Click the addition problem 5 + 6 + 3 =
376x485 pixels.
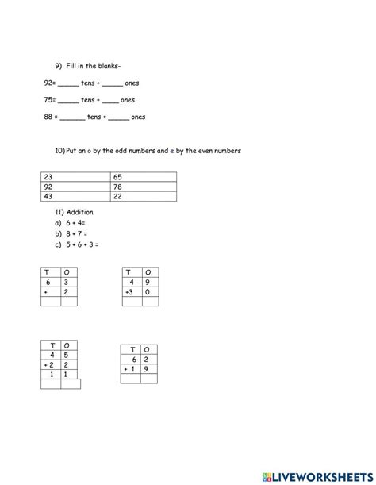pos(82,244)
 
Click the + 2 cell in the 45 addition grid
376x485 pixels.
pos(52,365)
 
